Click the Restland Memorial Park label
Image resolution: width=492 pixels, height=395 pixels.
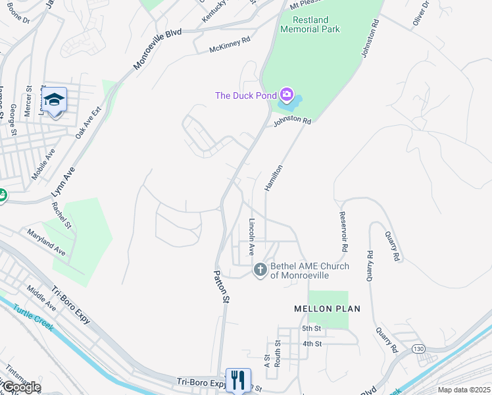click(x=310, y=24)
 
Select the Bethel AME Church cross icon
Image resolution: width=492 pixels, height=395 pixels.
click(x=260, y=270)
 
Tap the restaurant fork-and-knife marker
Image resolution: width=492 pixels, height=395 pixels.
click(x=238, y=379)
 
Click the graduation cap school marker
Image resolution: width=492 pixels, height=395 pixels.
click(x=55, y=100)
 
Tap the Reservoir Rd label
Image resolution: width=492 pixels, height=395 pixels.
click(x=343, y=231)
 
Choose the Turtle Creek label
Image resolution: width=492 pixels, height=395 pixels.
click(x=27, y=315)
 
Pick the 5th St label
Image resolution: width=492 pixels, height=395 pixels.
click(x=311, y=329)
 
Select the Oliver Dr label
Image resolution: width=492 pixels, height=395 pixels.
click(x=421, y=14)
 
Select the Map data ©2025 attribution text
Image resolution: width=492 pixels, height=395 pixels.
click(x=463, y=390)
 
